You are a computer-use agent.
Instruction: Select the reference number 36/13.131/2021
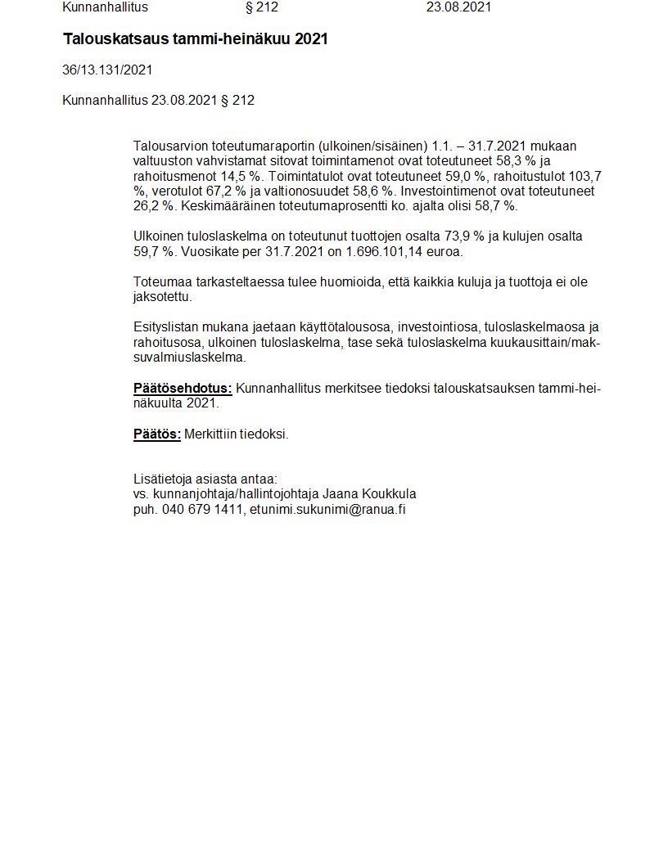107,70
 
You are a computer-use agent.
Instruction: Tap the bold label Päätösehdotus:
183,388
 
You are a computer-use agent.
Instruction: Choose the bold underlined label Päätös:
157,434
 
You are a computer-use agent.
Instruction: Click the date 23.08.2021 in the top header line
458,7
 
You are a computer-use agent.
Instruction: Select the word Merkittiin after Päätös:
210,434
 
